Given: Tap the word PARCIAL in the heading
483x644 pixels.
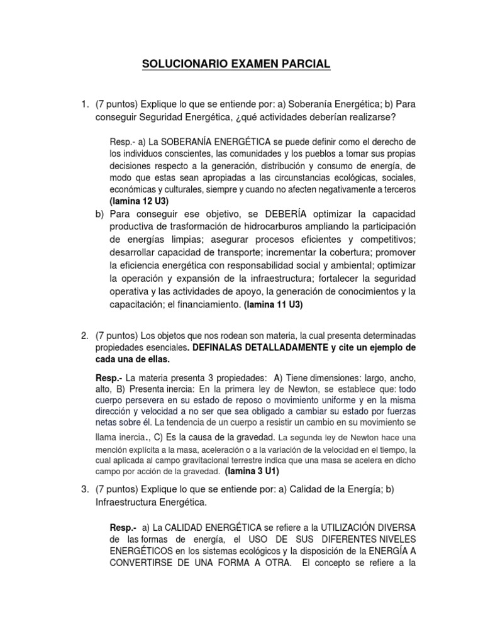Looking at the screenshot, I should point(305,64).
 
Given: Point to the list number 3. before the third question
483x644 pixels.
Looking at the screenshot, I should point(85,488).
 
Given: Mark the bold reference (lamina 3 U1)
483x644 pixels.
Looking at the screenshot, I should point(251,470).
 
